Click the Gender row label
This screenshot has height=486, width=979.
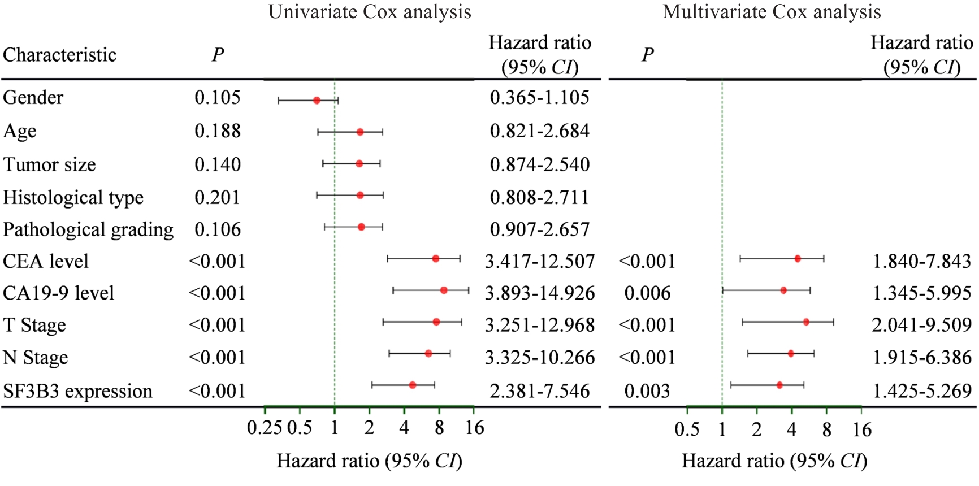(33, 98)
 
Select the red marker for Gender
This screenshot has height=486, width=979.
(317, 101)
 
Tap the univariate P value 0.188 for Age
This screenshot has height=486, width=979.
(218, 131)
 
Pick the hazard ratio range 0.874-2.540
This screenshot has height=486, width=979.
(540, 164)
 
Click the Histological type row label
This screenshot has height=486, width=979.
(73, 197)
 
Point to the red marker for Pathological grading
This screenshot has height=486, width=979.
(361, 227)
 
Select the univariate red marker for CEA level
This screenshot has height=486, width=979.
(435, 259)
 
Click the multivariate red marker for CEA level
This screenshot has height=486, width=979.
(798, 259)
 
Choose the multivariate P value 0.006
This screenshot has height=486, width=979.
(647, 293)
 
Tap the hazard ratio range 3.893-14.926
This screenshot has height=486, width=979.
(540, 293)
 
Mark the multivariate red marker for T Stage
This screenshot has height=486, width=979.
(806, 322)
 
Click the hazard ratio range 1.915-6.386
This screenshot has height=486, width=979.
(922, 357)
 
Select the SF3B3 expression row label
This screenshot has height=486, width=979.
(77, 391)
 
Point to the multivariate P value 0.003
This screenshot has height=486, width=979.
(647, 391)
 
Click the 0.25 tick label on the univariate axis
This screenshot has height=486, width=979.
(265, 428)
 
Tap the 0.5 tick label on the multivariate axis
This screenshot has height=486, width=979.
(687, 429)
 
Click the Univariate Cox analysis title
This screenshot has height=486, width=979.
(370, 12)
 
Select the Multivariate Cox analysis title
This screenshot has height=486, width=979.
(772, 12)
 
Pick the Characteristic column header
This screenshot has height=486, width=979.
(59, 55)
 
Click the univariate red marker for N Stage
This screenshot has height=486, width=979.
(428, 354)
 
